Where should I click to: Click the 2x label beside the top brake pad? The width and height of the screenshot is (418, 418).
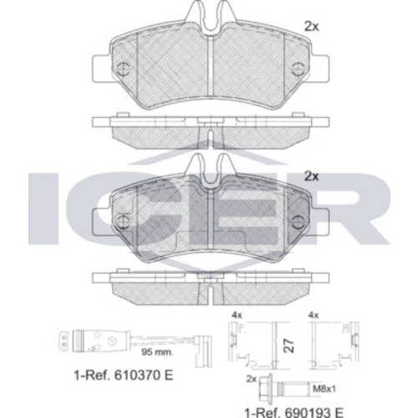[x=312, y=27]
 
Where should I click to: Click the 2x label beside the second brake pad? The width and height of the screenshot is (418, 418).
[x=312, y=176]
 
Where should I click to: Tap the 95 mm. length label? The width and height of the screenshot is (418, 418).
[x=157, y=352]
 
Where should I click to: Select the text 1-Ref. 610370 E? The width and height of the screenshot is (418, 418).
[x=124, y=375]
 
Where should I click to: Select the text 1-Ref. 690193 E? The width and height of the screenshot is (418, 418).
[x=294, y=412]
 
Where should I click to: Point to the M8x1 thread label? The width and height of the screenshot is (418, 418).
[x=324, y=389]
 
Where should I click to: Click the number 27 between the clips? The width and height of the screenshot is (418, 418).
[x=289, y=346]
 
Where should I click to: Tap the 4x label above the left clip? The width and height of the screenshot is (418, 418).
[x=237, y=315]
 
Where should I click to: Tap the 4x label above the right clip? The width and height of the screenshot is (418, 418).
[x=313, y=315]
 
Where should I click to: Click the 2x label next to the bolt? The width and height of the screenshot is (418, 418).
[x=252, y=379]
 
